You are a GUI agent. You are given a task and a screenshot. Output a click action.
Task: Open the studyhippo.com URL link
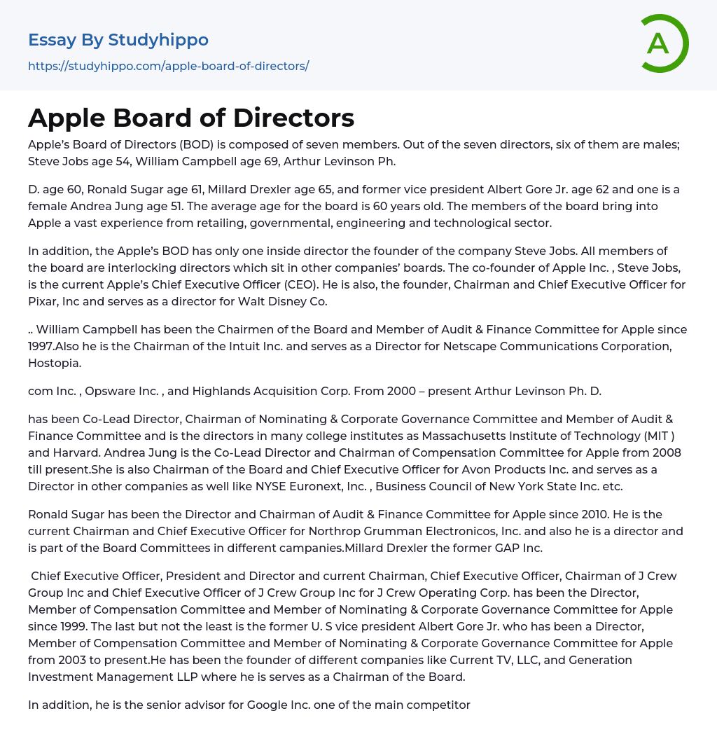coord(168,67)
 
